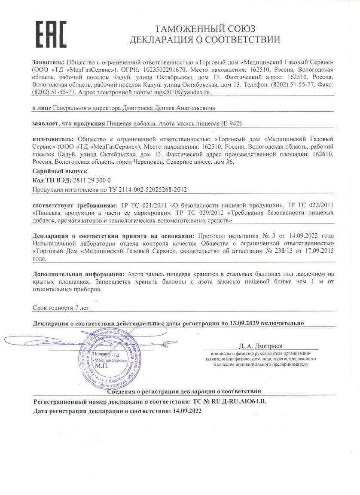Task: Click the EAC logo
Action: coord(51,34)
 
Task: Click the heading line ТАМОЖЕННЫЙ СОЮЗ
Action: coord(205,29)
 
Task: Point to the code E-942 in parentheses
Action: coord(232,123)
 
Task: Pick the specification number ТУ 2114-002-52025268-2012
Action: coord(148,189)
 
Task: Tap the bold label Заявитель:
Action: coord(48,61)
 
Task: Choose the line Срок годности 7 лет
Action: coord(62,308)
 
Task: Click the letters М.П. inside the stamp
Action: coord(102,366)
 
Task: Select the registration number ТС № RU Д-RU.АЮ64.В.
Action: coord(231,400)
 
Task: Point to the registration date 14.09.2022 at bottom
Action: coord(187,411)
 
